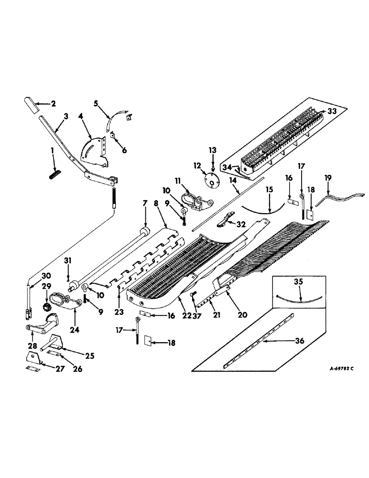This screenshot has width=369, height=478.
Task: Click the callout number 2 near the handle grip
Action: point(53,103)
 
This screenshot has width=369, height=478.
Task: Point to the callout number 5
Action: point(96,104)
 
